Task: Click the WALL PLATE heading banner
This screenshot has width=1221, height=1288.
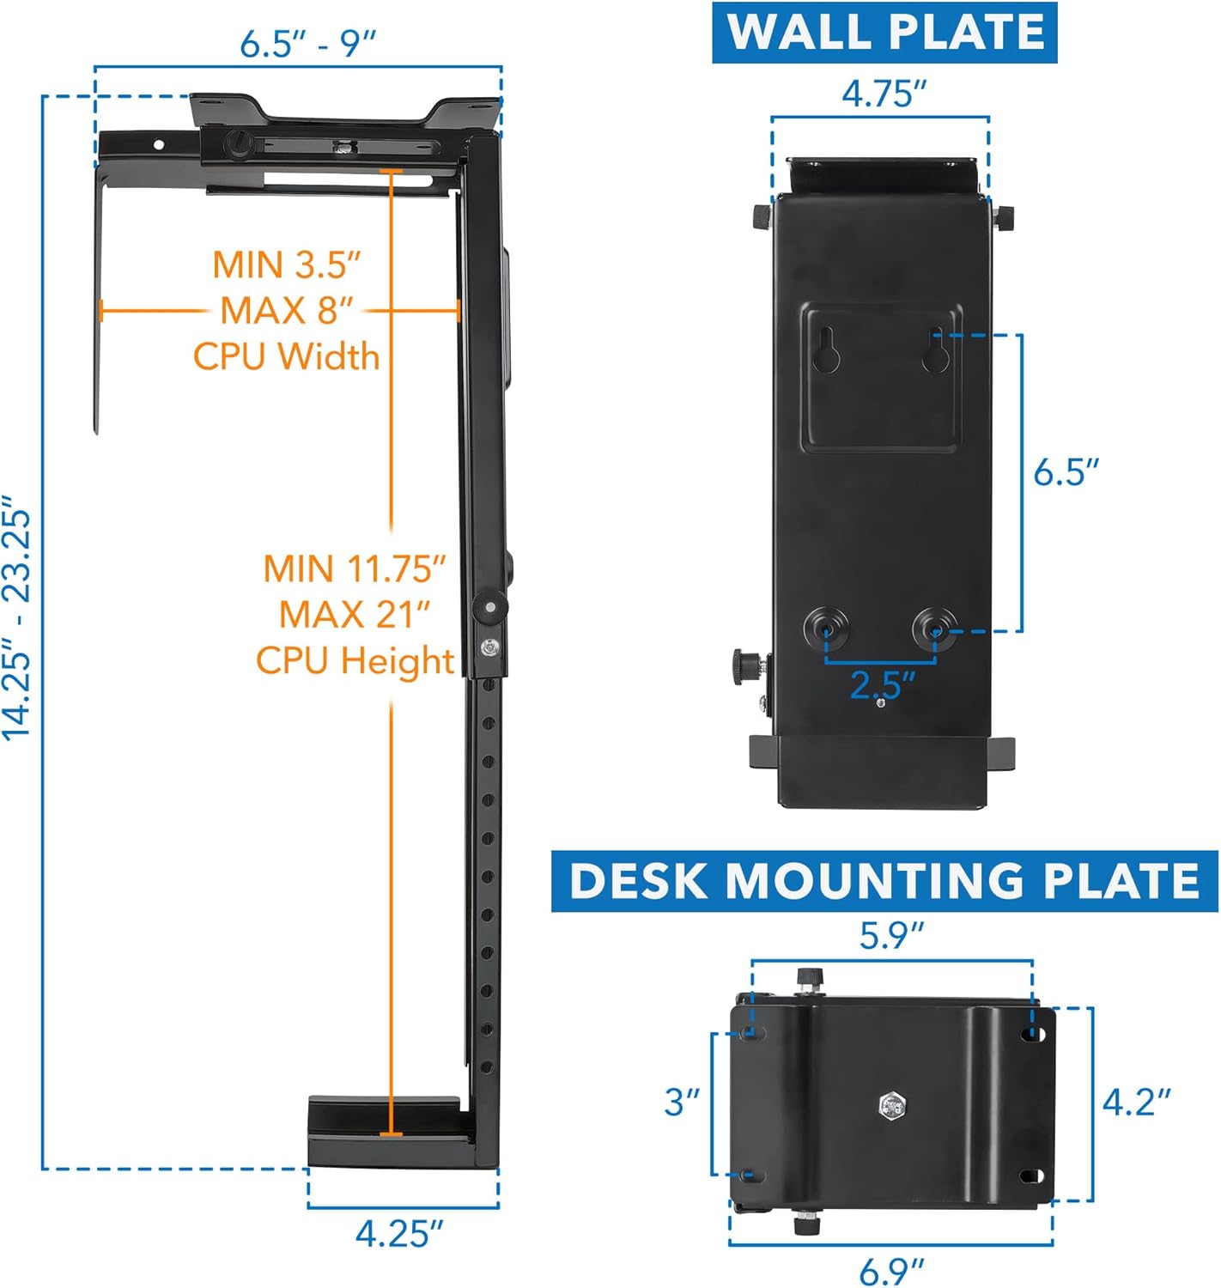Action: point(884,33)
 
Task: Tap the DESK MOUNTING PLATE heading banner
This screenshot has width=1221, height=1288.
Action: point(884,881)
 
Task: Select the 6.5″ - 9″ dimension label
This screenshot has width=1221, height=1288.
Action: point(308,43)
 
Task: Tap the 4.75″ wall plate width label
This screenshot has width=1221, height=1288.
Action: point(884,93)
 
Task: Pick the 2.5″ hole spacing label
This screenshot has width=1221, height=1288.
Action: point(882,684)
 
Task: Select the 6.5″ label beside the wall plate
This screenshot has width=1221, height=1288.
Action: point(1066,471)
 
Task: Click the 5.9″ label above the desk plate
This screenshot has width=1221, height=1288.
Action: point(891,935)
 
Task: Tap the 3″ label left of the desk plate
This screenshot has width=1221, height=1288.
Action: point(683,1102)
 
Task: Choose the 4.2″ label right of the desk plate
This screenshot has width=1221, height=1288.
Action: point(1136,1102)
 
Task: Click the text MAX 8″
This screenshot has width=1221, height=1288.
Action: point(287,310)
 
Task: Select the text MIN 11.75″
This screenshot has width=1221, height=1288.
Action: point(355,568)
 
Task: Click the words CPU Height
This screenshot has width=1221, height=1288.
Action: point(355,660)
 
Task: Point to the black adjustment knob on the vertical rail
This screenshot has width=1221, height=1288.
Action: point(489,607)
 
